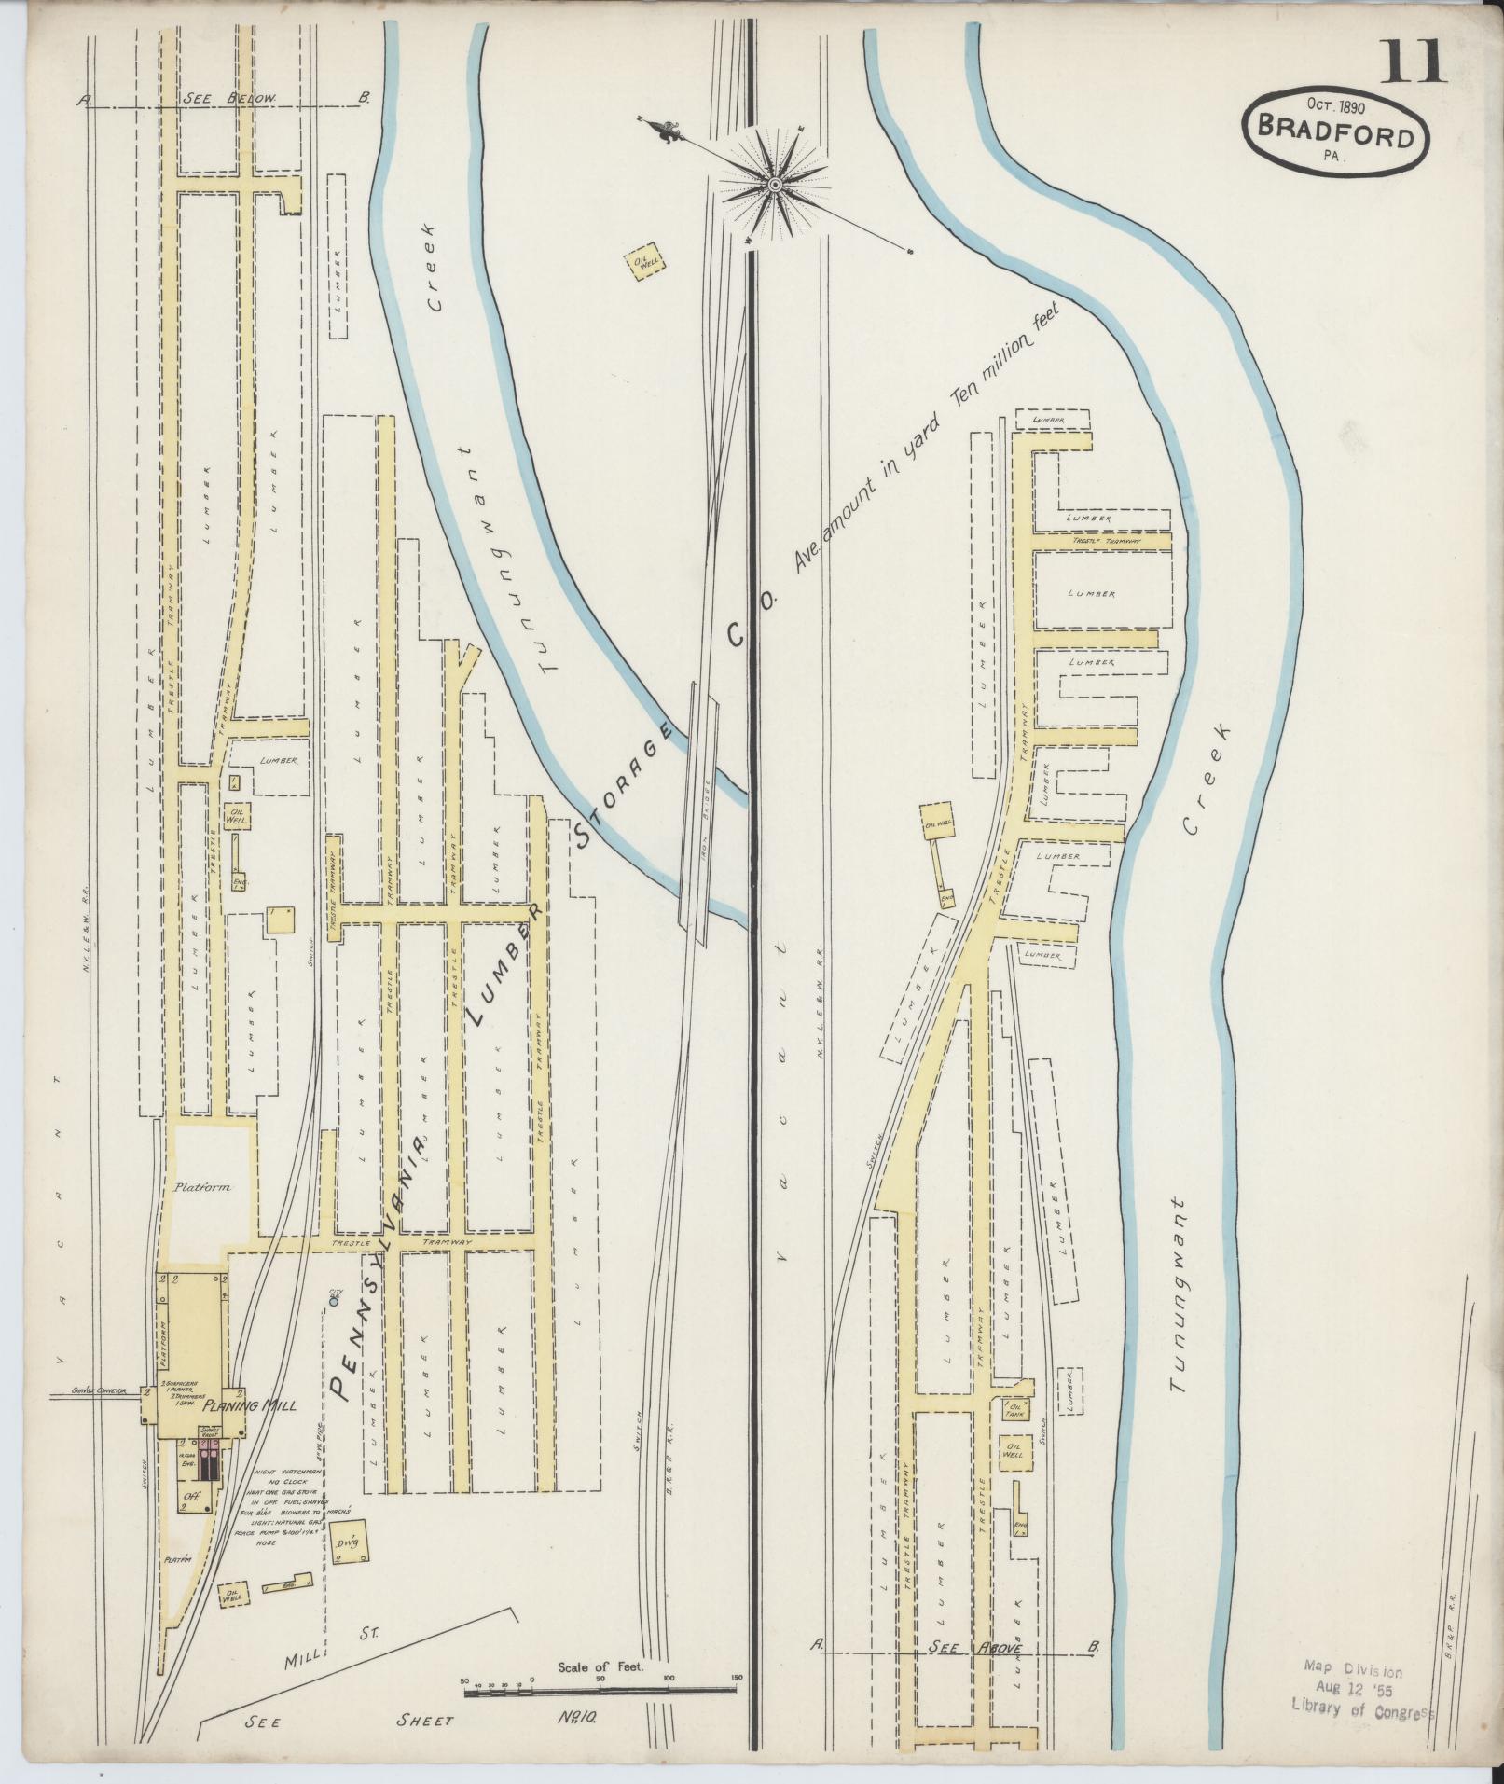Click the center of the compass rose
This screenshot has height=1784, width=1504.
[774, 184]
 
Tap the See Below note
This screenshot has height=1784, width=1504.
[229, 98]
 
